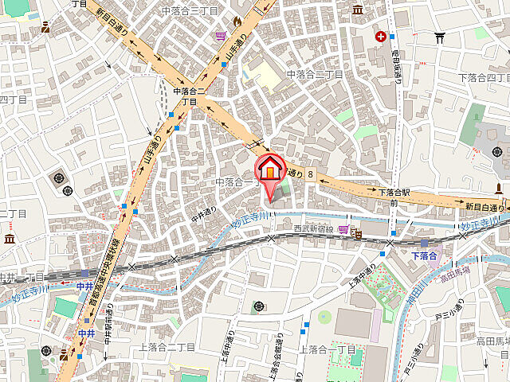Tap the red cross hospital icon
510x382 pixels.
pyautogui.click(x=382, y=36)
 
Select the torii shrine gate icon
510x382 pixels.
pyautogui.click(x=439, y=36)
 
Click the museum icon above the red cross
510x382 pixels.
pyautogui.click(x=357, y=9)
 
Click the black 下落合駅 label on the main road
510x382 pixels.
pyautogui.click(x=394, y=193)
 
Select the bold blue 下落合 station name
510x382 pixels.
pyautogui.click(x=424, y=255)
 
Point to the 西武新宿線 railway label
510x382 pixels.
pyautogui.click(x=313, y=229)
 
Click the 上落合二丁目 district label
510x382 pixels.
pyautogui.click(x=167, y=346)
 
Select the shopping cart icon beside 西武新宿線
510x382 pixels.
pyautogui.click(x=343, y=229)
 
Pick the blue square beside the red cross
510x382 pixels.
pyautogui.click(x=394, y=36)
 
